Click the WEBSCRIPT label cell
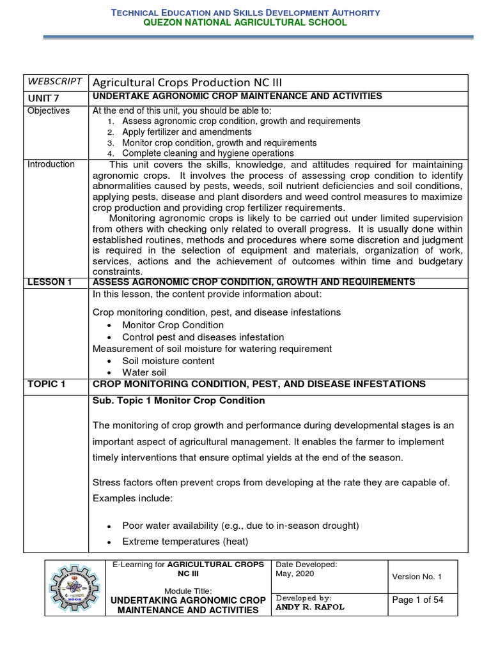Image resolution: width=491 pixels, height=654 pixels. click(54, 81)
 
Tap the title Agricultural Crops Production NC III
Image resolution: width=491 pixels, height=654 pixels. click(187, 82)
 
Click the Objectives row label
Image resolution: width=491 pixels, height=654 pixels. click(48, 110)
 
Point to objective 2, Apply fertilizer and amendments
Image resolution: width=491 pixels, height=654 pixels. click(187, 132)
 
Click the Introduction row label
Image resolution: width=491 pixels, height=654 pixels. click(51, 164)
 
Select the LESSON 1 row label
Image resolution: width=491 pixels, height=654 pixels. click(49, 282)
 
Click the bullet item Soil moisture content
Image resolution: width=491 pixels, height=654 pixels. click(168, 361)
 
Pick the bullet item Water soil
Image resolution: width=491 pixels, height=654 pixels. click(144, 372)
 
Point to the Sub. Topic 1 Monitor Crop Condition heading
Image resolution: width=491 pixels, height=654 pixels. click(178, 400)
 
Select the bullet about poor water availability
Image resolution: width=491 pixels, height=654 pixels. click(240, 526)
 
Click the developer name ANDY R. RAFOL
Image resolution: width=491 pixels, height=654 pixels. click(309, 607)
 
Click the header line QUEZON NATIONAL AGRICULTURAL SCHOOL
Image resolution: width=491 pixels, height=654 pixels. click(245, 22)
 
